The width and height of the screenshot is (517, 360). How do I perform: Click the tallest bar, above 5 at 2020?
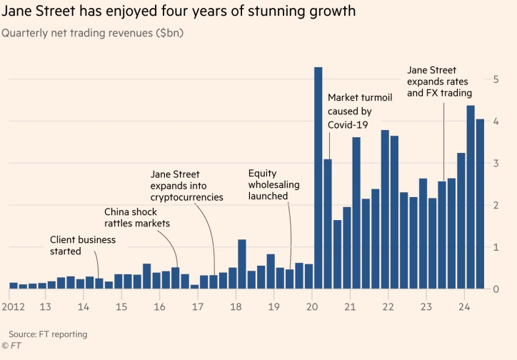click(x=318, y=179)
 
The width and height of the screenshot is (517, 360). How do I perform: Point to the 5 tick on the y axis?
click(x=496, y=79)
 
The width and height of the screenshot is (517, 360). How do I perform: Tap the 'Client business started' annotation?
click(x=82, y=246)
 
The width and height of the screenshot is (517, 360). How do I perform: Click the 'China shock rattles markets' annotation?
click(x=140, y=218)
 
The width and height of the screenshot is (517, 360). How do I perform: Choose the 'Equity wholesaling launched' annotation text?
click(x=268, y=184)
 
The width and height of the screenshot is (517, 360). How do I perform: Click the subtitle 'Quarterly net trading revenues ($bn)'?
click(x=93, y=34)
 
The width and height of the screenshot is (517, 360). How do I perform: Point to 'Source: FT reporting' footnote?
click(x=48, y=334)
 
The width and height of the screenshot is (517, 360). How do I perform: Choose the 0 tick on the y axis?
click(x=496, y=289)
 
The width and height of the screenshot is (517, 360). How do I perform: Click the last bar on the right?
click(x=480, y=204)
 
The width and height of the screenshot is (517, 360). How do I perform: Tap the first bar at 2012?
click(x=14, y=286)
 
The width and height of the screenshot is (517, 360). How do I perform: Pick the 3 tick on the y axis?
click(x=496, y=164)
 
